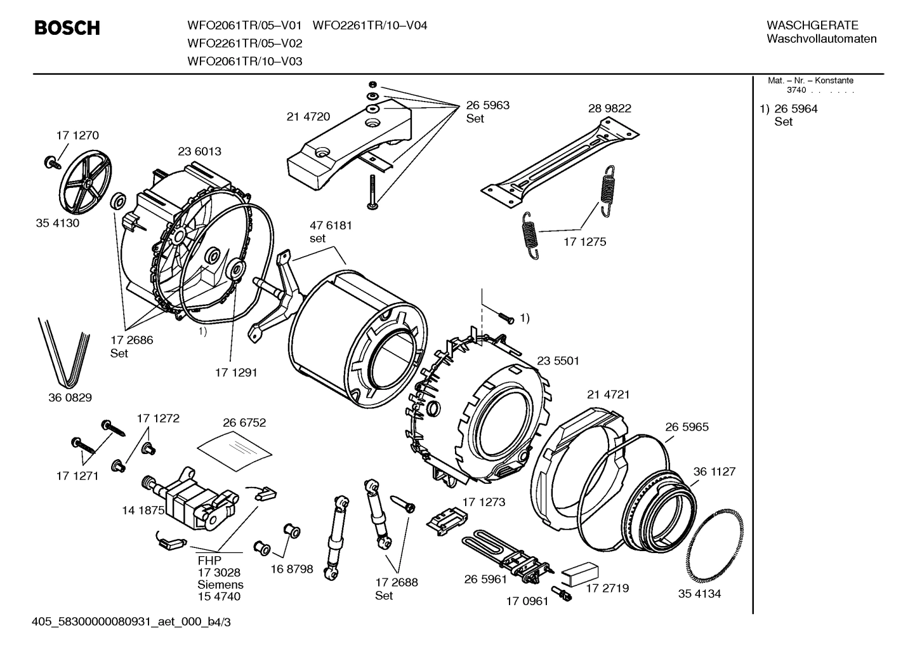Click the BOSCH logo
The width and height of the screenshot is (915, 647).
67,28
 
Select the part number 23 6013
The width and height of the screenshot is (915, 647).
199,152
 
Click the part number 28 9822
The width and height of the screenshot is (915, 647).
609,109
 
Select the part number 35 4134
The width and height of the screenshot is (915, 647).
699,594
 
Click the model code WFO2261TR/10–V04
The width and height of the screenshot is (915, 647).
370,25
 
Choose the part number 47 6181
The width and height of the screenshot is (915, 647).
330,225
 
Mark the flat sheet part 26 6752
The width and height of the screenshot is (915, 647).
234,448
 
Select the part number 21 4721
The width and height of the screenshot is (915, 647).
608,394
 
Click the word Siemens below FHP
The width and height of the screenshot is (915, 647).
220,585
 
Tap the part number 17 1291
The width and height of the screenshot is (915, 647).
236,373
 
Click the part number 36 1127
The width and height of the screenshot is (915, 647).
714,472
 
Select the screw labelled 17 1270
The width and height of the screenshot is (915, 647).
50,163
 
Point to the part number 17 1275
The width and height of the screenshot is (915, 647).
584,242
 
